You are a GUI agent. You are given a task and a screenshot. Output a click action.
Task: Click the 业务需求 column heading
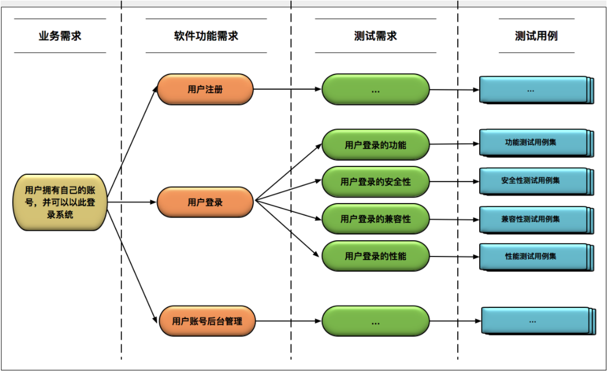(x=60, y=36)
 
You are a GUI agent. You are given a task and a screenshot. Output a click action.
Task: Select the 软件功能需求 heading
(x=206, y=36)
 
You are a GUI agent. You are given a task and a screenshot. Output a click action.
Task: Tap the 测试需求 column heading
(x=376, y=36)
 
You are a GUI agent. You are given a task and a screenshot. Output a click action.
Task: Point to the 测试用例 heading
(x=536, y=36)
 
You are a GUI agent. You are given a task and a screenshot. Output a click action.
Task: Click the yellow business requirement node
(x=60, y=202)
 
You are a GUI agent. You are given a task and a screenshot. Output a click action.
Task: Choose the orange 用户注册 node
(x=205, y=89)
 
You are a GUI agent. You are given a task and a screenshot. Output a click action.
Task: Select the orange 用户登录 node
(x=205, y=202)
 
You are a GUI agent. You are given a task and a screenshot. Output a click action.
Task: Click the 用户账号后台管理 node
(x=207, y=321)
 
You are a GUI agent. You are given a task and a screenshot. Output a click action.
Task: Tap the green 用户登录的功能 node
(x=376, y=144)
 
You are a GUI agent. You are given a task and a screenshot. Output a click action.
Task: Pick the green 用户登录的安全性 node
(x=376, y=182)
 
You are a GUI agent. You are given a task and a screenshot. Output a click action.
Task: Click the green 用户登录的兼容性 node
(x=376, y=219)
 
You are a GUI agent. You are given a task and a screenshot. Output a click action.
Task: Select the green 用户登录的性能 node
(x=376, y=256)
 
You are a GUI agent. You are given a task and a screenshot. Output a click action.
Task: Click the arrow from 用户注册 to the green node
(x=287, y=89)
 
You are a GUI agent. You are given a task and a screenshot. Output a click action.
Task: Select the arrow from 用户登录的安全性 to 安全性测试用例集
(x=454, y=182)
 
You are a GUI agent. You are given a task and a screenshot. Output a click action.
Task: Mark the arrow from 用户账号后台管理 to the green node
(x=288, y=321)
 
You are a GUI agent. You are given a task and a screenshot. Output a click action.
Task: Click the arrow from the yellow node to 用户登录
(x=132, y=202)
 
